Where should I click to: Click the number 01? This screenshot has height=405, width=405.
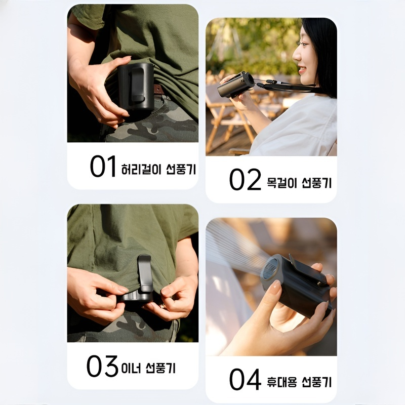pos(103,167)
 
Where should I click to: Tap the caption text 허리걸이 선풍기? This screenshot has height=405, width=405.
pos(158,169)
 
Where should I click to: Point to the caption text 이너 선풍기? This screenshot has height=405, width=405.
pos(148,368)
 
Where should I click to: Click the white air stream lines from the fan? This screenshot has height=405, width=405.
pos(233,243)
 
